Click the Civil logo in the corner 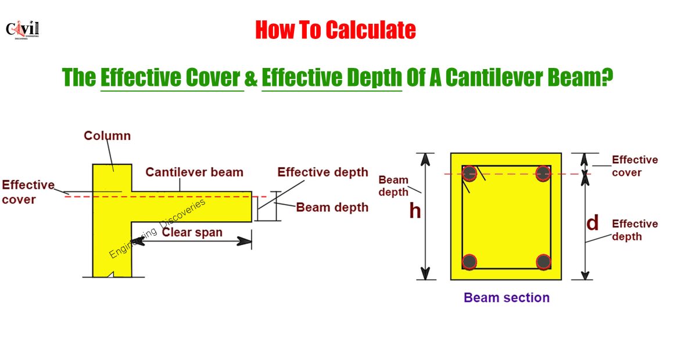[22, 30]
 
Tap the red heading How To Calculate [335, 30]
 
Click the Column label [107, 136]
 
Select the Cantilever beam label [194, 172]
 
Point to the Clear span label [192, 232]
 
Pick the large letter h [415, 211]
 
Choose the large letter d [592, 223]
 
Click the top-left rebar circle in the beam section [469, 173]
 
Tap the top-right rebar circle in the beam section [543, 173]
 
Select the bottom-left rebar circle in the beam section [469, 262]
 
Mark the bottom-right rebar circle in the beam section [543, 262]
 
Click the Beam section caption [506, 298]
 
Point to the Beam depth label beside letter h [393, 186]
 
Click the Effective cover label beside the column [28, 192]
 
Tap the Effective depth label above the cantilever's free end [323, 172]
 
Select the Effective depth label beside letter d [635, 231]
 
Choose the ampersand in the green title [251, 78]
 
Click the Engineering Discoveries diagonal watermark [157, 229]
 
